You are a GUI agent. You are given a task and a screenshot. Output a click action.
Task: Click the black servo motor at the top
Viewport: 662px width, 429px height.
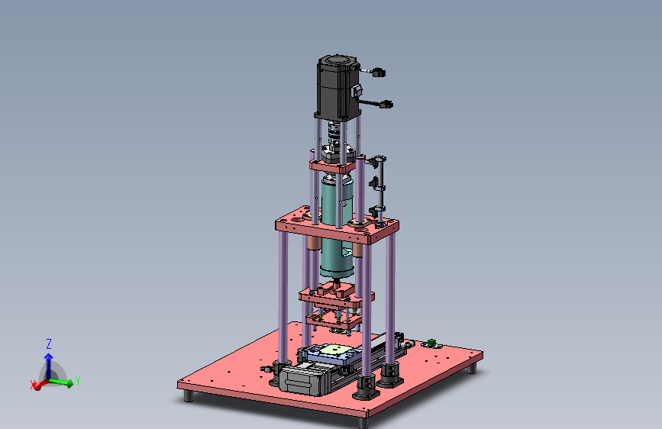337,88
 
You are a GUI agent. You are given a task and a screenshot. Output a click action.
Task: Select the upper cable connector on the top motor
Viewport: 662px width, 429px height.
378,73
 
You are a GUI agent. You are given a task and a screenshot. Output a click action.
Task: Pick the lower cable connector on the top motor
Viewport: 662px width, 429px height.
386,104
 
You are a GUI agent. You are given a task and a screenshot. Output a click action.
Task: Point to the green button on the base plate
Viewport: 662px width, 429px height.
431,342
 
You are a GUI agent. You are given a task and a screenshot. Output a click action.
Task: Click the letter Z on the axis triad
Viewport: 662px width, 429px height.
49,344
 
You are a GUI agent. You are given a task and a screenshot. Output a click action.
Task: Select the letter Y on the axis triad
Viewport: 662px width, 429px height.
77,381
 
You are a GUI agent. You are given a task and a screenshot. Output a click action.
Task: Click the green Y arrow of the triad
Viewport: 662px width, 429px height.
62,382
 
